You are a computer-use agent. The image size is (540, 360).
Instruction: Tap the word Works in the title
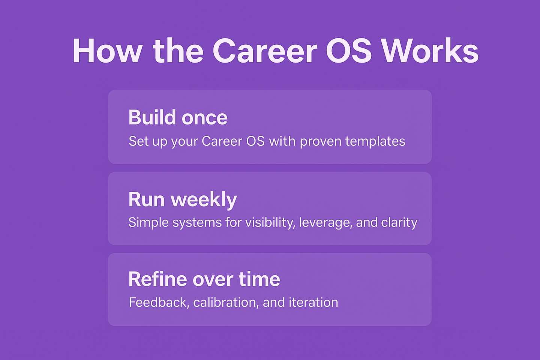[x=431, y=51]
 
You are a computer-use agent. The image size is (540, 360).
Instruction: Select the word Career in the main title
[x=265, y=51]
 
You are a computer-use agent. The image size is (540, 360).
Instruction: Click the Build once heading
[x=178, y=117]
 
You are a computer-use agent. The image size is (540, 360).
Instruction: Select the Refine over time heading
[x=204, y=279]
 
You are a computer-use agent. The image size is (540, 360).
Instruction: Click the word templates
[x=375, y=141]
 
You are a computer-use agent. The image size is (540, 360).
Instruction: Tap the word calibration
[x=226, y=302]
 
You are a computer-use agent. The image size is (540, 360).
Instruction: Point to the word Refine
[x=157, y=279]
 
